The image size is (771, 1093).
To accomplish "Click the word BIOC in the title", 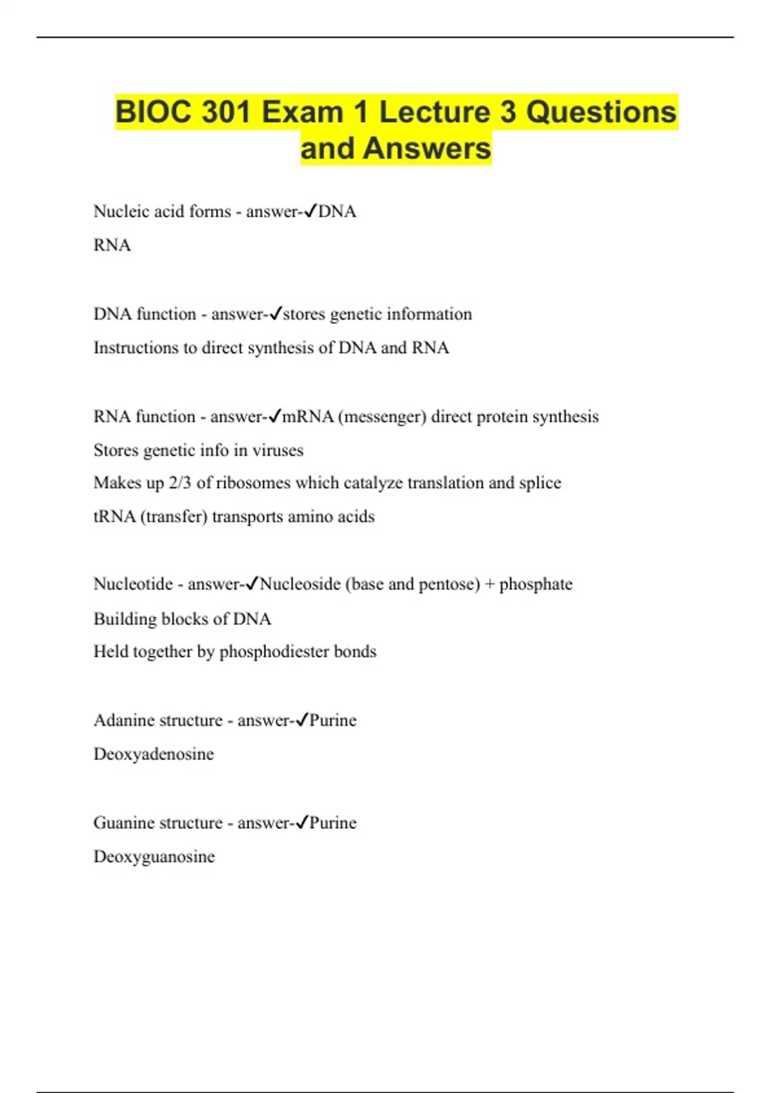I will pos(154,112).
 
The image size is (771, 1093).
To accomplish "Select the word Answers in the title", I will pos(427,149).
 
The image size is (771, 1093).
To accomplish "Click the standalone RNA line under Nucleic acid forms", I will pos(112,245).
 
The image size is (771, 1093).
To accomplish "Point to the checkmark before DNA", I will pos(310,211).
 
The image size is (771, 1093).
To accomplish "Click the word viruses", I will pos(278,450).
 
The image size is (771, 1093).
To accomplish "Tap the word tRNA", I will pos(114,516).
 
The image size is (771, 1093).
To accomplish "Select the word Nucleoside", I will pos(300,584).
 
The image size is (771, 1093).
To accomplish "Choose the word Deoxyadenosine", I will pos(154,754).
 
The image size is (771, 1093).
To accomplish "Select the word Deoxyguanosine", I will pos(154,856).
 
